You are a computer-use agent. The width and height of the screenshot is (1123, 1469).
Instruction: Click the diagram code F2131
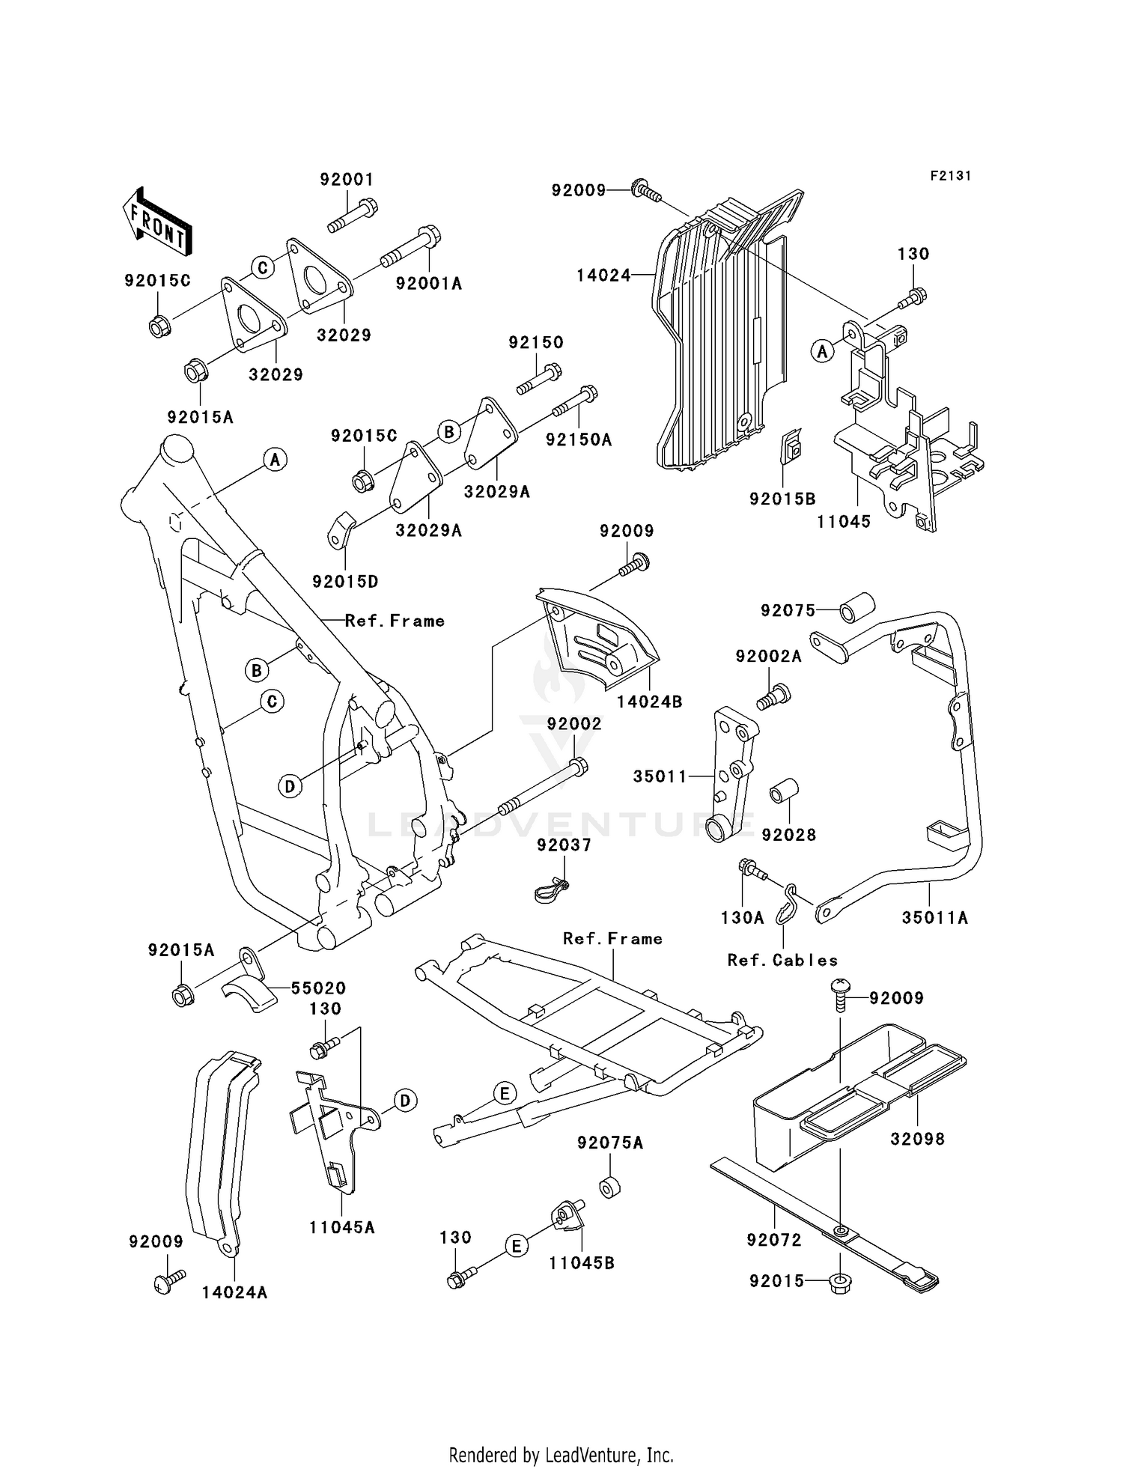coord(950,176)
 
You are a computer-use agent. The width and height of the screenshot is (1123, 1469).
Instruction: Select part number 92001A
coord(428,284)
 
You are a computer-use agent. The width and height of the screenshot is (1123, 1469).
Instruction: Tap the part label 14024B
coord(649,702)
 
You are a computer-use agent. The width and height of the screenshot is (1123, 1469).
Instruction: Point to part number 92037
coord(564,845)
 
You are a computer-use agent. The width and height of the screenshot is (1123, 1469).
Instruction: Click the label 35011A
coord(934,918)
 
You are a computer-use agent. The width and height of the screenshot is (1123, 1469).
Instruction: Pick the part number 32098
coord(917,1139)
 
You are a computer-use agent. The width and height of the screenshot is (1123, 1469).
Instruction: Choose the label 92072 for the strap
coord(773,1240)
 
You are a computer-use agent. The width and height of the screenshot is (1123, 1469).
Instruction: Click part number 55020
coord(318,988)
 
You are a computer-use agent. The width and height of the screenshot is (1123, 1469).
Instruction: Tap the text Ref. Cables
coord(782,961)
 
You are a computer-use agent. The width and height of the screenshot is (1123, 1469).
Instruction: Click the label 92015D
coord(345,582)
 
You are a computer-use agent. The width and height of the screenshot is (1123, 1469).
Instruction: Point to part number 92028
coord(788,835)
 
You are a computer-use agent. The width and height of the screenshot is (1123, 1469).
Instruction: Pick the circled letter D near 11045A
coord(405,1101)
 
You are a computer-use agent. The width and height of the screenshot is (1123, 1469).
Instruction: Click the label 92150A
coord(578,440)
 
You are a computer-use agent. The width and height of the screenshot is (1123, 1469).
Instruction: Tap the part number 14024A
coord(234,1292)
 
